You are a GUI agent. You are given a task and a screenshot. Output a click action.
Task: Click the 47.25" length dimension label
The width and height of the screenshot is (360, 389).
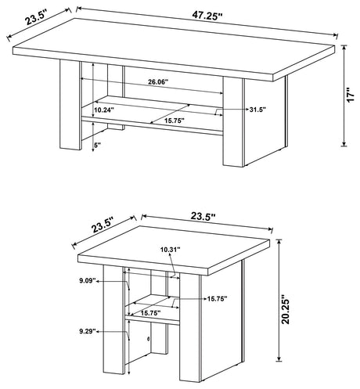click(x=207, y=16)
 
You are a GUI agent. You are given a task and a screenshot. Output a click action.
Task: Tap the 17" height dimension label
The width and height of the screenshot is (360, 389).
click(x=351, y=95)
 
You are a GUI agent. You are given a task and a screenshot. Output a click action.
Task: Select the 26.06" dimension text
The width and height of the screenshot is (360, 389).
click(x=158, y=82)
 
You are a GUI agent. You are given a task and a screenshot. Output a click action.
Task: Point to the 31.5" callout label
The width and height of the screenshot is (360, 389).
click(x=257, y=110)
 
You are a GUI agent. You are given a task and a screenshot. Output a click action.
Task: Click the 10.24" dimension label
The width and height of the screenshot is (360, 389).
click(x=104, y=110)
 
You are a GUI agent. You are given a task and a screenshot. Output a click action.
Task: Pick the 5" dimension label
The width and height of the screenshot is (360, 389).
click(x=97, y=146)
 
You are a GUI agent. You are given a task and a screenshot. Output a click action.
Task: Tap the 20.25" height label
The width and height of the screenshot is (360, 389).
click(x=286, y=309)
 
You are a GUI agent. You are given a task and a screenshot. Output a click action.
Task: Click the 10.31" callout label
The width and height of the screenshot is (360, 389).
click(x=171, y=250)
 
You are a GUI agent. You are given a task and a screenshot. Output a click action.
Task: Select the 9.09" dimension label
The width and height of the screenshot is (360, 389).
click(x=88, y=281)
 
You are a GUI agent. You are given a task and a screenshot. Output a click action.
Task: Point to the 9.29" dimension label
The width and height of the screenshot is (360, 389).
click(x=88, y=331)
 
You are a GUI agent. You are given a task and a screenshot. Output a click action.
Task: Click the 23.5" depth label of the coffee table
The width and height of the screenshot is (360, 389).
click(x=37, y=17)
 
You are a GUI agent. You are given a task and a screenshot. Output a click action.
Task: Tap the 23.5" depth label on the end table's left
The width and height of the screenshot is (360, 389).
click(x=102, y=225)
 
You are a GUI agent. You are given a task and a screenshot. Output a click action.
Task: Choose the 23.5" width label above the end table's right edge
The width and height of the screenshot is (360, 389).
click(x=203, y=216)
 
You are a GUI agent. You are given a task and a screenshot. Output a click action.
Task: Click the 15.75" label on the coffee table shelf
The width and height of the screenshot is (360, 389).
click(x=175, y=121)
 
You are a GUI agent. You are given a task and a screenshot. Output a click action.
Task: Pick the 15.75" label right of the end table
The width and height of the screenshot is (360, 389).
click(x=218, y=299)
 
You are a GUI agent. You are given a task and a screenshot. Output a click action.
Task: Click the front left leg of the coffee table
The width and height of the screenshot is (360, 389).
click(x=70, y=105)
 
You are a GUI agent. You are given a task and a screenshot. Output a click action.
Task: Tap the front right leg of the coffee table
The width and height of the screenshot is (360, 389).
click(x=233, y=121)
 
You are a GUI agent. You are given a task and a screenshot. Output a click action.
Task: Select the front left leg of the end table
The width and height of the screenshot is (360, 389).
click(x=113, y=319)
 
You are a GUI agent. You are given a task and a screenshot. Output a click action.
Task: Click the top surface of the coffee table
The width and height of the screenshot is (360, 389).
click(x=174, y=46)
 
